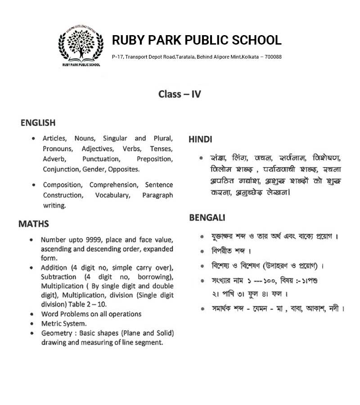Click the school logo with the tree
(x=80, y=46)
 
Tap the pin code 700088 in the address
(x=273, y=57)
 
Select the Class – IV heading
(x=180, y=94)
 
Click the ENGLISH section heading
(x=38, y=123)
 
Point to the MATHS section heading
(x=34, y=224)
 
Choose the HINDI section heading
(x=200, y=139)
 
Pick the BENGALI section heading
(x=207, y=218)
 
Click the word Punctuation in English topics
(x=101, y=159)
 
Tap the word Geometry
(x=56, y=333)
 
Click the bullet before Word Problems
(x=31, y=314)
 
